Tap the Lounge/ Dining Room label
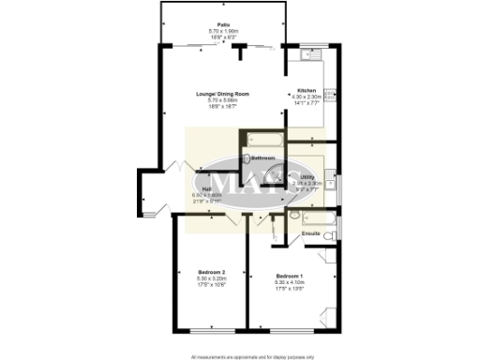click(223, 95)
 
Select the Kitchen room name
click(307, 91)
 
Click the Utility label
click(307, 175)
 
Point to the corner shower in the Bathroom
click(276, 173)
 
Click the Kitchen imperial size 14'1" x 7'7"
click(307, 102)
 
